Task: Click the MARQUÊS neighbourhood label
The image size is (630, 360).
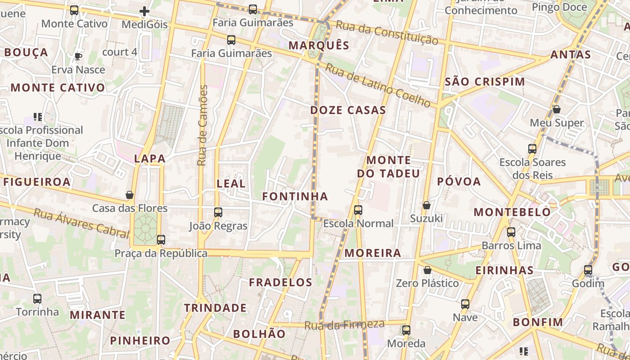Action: pos(319,45)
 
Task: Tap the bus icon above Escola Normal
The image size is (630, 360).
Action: pos(358,210)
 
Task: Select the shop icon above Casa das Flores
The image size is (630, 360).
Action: pos(130,195)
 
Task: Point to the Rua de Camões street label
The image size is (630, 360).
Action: pos(203,125)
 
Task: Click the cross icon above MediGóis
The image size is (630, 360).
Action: pos(144,11)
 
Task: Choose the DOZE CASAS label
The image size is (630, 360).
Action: pos(348,110)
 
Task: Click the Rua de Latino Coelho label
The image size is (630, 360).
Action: pos(378,85)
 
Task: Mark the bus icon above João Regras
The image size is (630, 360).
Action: pos(218,212)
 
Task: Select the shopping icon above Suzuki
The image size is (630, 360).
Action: pos(427,205)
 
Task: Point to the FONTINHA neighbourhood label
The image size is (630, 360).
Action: pos(295,197)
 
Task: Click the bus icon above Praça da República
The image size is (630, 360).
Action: pos(161,239)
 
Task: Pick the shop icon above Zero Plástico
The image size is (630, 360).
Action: pos(427,270)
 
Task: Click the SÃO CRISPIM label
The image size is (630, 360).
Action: pos(485,82)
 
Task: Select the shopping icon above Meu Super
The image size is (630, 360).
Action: pos(557,109)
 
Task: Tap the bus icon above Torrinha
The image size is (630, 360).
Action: pos(37,298)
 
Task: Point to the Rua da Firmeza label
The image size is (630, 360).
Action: pos(345,324)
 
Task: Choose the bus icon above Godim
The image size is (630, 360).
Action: pos(588,270)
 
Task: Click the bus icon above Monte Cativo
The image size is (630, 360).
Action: pos(74,10)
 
